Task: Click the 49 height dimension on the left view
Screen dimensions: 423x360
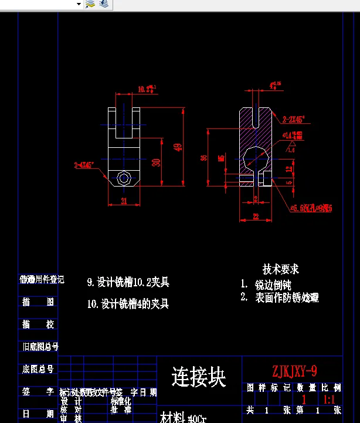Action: (x=178, y=147)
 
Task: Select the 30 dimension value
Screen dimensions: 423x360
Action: (x=156, y=162)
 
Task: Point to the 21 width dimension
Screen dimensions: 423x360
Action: (x=124, y=201)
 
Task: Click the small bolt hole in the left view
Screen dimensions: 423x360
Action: (x=124, y=178)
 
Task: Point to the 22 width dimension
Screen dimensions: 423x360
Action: (x=256, y=217)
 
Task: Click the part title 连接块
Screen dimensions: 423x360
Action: (x=199, y=377)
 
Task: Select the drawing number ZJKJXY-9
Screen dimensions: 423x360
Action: (x=294, y=371)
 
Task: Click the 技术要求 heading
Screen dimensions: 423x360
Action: (x=281, y=269)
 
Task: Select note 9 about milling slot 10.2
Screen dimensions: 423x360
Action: (x=128, y=283)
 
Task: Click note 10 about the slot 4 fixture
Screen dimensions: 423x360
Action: (x=128, y=304)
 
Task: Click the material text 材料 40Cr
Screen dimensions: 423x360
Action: (x=184, y=418)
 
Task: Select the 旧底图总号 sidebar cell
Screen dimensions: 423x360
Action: (x=40, y=347)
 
